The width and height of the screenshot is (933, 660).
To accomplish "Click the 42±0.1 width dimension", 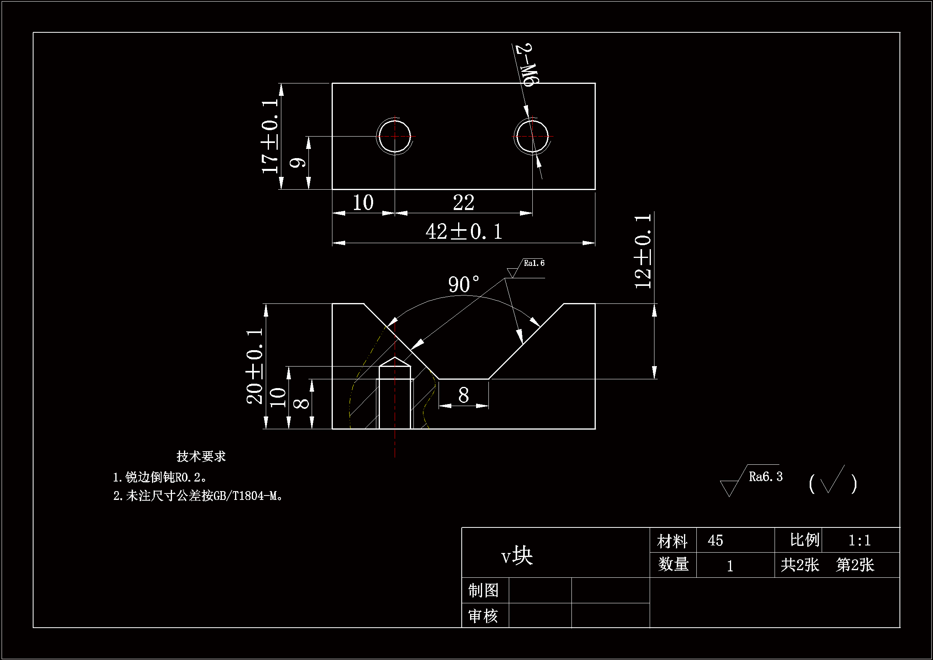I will click(x=464, y=232).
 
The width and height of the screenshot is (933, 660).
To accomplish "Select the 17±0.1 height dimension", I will click(x=270, y=136).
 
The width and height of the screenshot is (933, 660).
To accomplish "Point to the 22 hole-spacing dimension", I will click(x=464, y=202).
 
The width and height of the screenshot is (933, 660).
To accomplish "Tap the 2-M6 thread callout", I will click(x=527, y=65).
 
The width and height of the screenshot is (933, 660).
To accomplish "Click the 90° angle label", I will click(x=464, y=284).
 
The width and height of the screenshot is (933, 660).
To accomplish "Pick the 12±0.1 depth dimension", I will click(x=643, y=251).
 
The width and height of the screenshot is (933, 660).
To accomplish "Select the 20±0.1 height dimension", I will click(x=255, y=367).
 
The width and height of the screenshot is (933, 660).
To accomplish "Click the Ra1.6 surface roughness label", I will click(x=534, y=263).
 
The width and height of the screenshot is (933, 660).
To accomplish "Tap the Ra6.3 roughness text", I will click(x=765, y=477).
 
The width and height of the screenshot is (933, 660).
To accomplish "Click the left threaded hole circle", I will click(x=394, y=136).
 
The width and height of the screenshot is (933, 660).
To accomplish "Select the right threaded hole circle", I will click(x=532, y=136).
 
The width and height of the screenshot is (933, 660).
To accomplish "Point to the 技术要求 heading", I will click(x=201, y=456).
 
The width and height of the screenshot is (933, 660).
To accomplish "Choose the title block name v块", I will click(x=516, y=556).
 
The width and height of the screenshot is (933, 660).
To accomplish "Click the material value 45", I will click(x=715, y=541).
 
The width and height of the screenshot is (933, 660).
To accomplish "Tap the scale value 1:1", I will click(x=860, y=541).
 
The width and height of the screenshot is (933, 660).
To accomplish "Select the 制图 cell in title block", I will click(x=484, y=591).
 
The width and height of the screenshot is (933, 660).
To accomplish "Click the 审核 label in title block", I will click(x=484, y=616).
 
